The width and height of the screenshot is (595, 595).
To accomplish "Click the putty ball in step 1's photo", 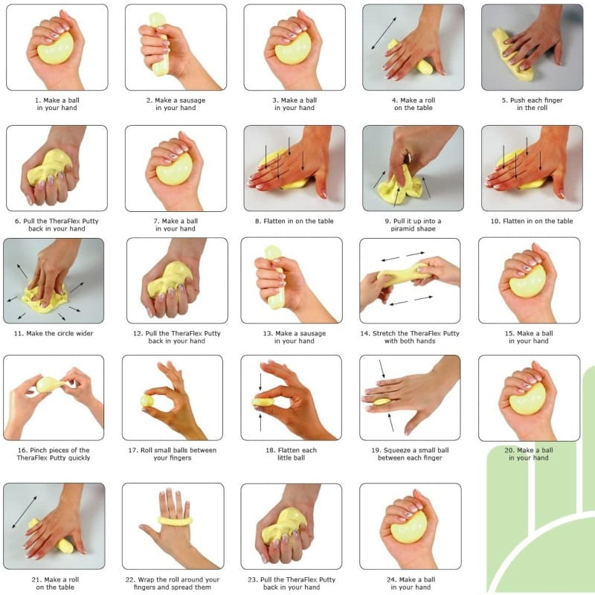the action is pos(55,48).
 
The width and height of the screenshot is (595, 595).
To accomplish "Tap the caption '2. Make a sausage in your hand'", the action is pos(176,104).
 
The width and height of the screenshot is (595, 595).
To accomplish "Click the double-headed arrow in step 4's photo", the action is pos(384,33).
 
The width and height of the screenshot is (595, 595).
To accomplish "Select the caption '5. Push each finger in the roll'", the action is pos(532,104).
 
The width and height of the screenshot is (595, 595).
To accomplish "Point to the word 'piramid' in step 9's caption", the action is pos(402,228).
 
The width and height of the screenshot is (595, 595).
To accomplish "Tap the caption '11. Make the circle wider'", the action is pos(54,333).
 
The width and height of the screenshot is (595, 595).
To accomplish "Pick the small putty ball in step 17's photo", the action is pos(147,401).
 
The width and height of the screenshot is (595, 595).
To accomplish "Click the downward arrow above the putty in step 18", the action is pos(260,382).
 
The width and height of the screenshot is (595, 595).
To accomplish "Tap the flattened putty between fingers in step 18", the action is pos(263,402).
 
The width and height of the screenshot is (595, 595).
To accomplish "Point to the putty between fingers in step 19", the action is pos(382,402).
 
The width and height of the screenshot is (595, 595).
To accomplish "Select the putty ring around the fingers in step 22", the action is pos(175,521).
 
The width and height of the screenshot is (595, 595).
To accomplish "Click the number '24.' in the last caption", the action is pos(392,579).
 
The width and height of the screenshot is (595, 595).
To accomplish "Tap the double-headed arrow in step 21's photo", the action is pos(25,512).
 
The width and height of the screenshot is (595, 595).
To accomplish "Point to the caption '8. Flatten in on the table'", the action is pos(294,221).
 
